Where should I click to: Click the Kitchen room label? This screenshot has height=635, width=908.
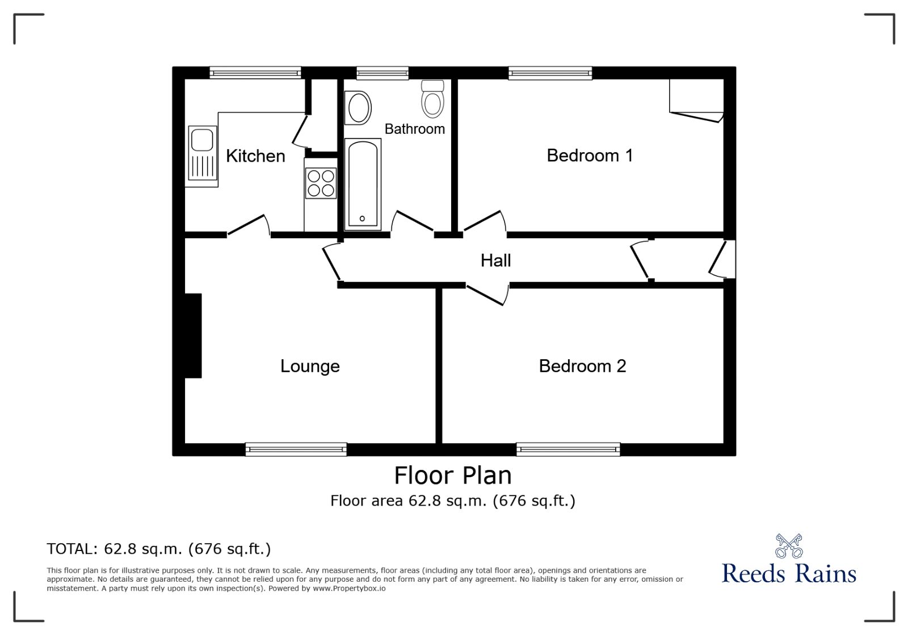click(x=255, y=156)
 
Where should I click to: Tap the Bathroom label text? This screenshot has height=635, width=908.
click(x=414, y=129)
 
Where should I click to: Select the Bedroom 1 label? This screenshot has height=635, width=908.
click(x=589, y=155)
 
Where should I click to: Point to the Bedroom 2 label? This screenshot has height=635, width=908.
click(x=582, y=366)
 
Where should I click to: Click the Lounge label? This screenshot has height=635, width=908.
click(x=310, y=366)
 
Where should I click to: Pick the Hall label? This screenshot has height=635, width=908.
click(x=495, y=260)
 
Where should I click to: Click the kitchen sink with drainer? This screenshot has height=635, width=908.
click(x=202, y=155)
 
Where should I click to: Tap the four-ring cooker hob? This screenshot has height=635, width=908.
click(x=321, y=183)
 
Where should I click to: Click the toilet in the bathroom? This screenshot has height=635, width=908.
click(x=433, y=99)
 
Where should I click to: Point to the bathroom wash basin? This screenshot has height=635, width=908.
click(x=359, y=108)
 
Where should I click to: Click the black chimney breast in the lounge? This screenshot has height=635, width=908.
click(x=193, y=335)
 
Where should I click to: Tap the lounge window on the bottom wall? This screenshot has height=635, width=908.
click(x=296, y=449)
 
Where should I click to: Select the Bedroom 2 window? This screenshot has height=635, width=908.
click(x=568, y=449)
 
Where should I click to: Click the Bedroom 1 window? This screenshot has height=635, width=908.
click(x=550, y=73)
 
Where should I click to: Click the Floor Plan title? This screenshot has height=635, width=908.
click(x=453, y=476)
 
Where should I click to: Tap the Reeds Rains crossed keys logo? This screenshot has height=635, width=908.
click(x=789, y=546)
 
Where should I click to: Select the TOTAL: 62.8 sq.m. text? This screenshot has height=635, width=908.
click(x=159, y=549)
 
